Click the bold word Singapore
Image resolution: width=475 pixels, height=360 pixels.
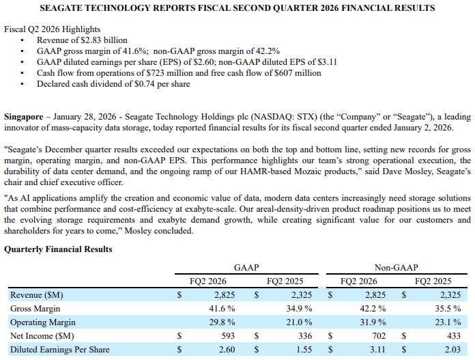pyautogui.click(x=24, y=117)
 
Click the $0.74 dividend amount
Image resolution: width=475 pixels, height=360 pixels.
pyautogui.click(x=145, y=84)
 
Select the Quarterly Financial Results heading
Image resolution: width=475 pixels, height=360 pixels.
pyautogui.click(x=58, y=249)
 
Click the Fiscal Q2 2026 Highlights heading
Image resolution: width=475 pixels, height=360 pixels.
pyautogui.click(x=52, y=29)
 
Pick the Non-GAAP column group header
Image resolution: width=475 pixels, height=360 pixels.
pyautogui.click(x=397, y=268)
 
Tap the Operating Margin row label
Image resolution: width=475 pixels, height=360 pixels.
pyautogui.click(x=43, y=322)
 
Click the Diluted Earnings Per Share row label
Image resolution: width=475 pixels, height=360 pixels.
pyautogui.click(x=59, y=349)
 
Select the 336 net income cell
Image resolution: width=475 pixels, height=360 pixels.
pyautogui.click(x=305, y=335)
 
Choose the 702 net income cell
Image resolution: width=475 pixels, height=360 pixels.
pyautogui.click(x=379, y=335)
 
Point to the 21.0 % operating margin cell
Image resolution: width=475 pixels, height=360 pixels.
pyautogui.click(x=299, y=322)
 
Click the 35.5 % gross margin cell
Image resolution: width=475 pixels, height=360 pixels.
pyautogui.click(x=448, y=309)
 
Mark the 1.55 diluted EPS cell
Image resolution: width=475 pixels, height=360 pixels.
pyautogui.click(x=304, y=349)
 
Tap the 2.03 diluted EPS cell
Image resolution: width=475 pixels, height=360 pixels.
pyautogui.click(x=452, y=349)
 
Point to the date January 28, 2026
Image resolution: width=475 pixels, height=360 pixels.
pyautogui.click(x=85, y=117)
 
